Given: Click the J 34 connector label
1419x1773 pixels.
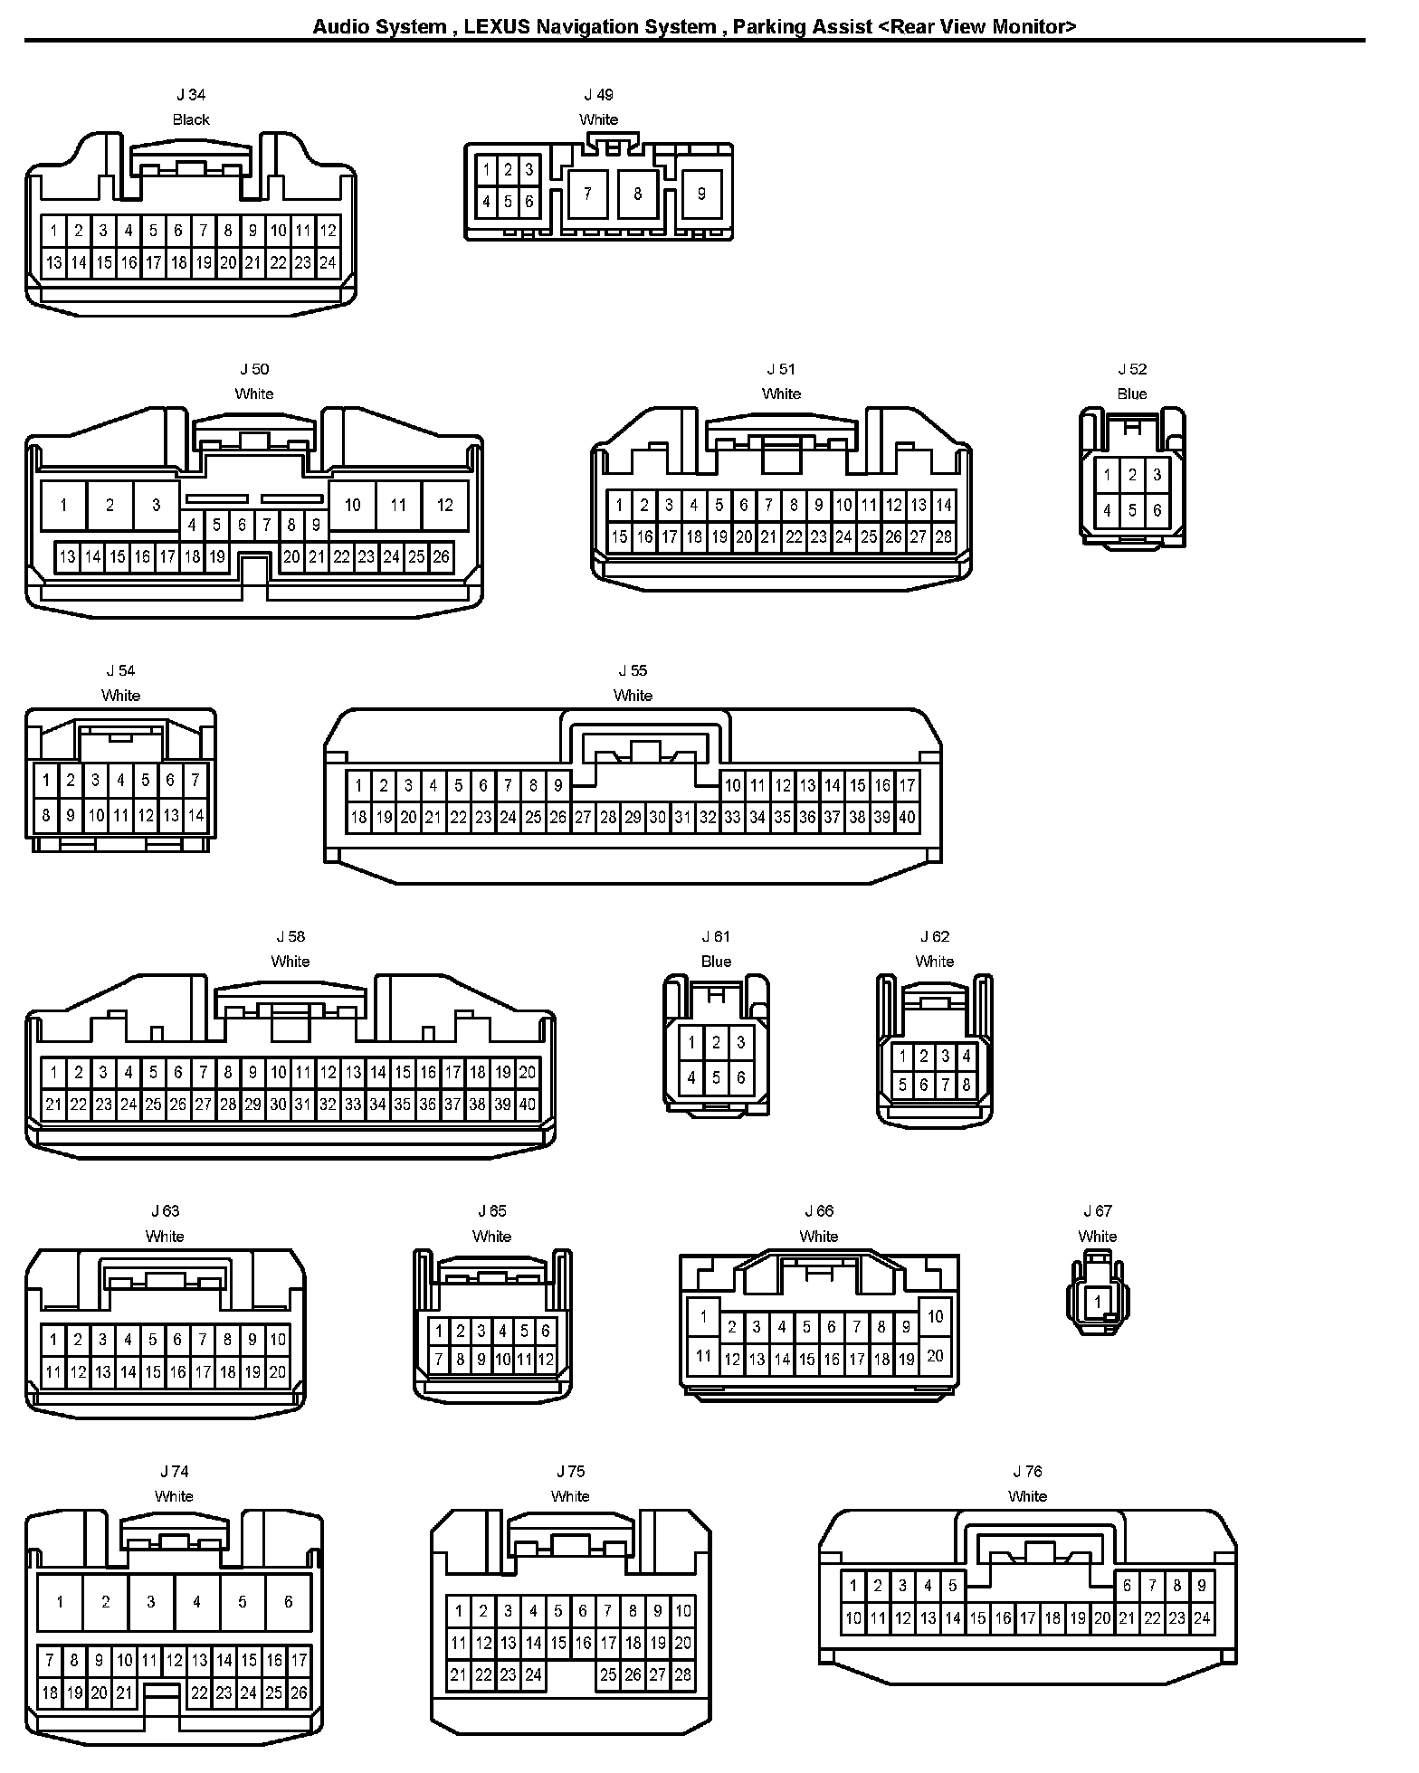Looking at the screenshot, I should click(191, 95).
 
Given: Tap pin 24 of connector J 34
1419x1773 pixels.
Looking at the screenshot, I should click(328, 263).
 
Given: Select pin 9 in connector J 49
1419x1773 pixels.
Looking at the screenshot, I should click(701, 193).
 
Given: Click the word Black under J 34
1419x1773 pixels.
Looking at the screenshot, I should click(191, 119).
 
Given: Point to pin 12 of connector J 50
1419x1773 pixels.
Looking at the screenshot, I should click(444, 505).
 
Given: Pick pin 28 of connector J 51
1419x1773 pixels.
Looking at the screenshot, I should click(943, 537).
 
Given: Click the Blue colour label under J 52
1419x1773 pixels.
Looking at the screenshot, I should click(1131, 393).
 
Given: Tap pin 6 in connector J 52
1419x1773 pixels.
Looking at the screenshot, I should click(1157, 510).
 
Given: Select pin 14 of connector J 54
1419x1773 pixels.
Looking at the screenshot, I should click(195, 816).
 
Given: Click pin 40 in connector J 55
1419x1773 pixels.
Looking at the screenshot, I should click(907, 818).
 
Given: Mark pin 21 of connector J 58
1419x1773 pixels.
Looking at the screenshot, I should click(53, 1104).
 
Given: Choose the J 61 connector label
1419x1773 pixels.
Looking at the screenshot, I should click(716, 937).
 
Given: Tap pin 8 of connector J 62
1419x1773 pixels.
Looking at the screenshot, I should click(967, 1085).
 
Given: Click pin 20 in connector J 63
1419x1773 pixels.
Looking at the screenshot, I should click(277, 1372).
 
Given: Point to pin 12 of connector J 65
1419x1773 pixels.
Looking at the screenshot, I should click(546, 1359).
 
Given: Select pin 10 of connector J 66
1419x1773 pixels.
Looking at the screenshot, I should click(936, 1317).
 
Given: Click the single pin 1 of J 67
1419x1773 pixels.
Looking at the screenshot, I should click(1098, 1303).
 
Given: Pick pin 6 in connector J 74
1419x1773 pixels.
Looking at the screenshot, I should click(288, 1602).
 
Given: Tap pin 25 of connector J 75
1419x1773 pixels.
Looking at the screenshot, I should click(608, 1675).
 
